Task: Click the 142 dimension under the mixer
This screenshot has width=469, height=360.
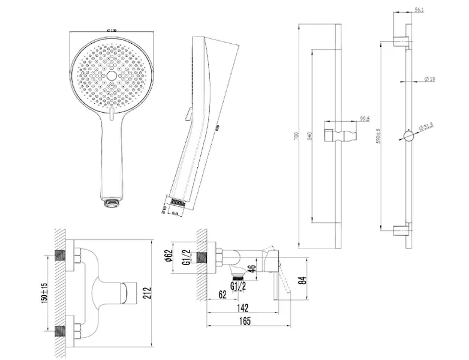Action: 242,306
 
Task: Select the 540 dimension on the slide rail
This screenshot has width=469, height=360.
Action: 309,137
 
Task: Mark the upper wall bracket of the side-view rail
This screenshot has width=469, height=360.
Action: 402,41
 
